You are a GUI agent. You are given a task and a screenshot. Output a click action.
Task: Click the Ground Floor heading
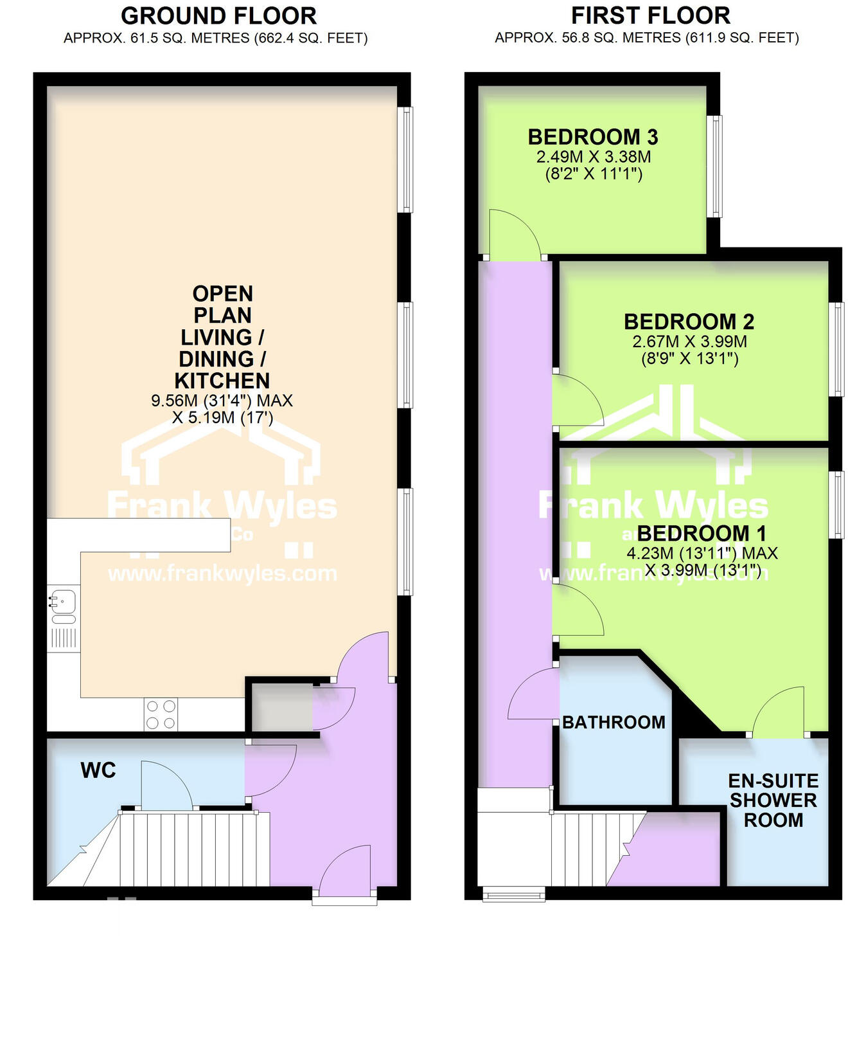point(218,15)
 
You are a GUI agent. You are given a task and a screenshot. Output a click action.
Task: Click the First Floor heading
point(650,15)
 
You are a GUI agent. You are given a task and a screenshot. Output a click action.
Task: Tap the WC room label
point(98,770)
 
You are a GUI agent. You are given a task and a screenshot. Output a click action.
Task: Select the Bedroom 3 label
point(593,137)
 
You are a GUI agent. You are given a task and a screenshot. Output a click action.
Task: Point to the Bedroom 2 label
point(689,321)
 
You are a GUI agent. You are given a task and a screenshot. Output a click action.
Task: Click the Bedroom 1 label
point(702,533)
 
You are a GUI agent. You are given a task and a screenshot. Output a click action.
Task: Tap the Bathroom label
point(614,722)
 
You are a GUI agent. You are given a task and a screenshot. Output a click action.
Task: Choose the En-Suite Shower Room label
point(773,800)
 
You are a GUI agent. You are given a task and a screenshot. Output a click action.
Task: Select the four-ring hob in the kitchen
point(161,714)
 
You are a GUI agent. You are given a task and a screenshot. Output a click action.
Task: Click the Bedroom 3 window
point(714,166)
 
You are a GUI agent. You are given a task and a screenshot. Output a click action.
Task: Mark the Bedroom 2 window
point(836,349)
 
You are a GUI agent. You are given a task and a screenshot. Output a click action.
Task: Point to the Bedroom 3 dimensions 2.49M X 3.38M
point(594,157)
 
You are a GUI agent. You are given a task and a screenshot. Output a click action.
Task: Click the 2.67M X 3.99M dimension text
point(689,341)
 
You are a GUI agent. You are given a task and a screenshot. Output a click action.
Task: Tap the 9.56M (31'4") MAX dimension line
point(222,401)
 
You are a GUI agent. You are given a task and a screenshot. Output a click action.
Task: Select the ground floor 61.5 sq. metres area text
point(215,39)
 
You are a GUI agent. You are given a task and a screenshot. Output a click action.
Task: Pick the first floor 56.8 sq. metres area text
point(646,39)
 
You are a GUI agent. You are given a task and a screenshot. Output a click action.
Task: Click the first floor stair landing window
point(513,894)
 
